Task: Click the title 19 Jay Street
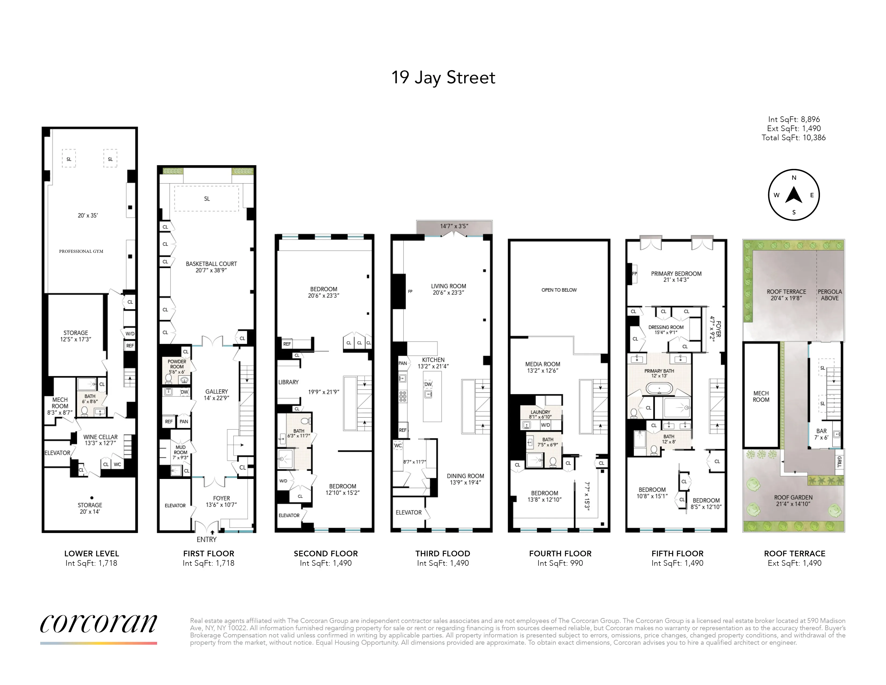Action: tap(443, 78)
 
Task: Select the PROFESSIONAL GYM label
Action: tap(81, 251)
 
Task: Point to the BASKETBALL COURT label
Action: tap(211, 264)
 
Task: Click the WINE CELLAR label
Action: tap(101, 437)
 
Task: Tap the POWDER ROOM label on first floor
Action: tap(177, 364)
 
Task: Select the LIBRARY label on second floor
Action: tap(288, 382)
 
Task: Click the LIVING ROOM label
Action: tap(448, 286)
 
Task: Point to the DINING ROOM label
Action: tap(465, 476)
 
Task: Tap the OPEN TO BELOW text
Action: tap(559, 290)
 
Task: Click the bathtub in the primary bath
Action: tap(659, 389)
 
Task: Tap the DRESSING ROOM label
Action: tap(666, 327)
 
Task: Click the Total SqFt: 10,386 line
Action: tap(793, 138)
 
